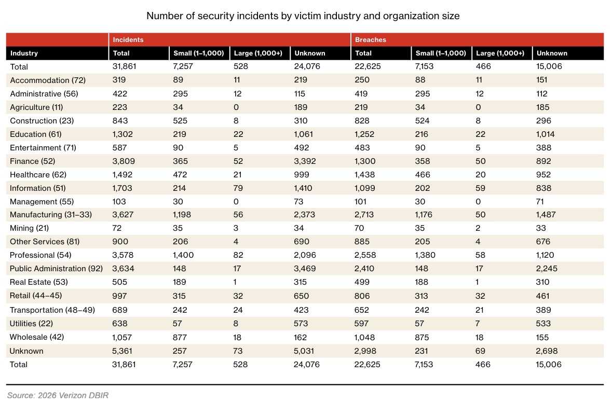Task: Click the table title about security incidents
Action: coord(303,16)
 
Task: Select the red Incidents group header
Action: coord(128,40)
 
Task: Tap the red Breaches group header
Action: coord(371,40)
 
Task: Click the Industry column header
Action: coord(24,53)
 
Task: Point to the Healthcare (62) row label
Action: coord(38,175)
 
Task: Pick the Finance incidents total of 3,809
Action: coord(123,161)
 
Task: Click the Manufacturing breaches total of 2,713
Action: coord(364,215)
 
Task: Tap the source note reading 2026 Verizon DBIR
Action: coord(58,395)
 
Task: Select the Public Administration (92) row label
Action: coord(56,269)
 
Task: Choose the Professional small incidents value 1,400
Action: coord(183,255)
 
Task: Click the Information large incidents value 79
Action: coord(238,188)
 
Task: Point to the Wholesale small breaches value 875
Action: coord(423,337)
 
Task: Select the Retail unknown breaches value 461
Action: coord(542,296)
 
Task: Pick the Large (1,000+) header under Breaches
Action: coord(500,53)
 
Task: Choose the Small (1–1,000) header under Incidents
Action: coord(199,53)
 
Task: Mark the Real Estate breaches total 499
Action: coord(361,282)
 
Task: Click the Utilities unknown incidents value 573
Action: coord(301,323)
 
